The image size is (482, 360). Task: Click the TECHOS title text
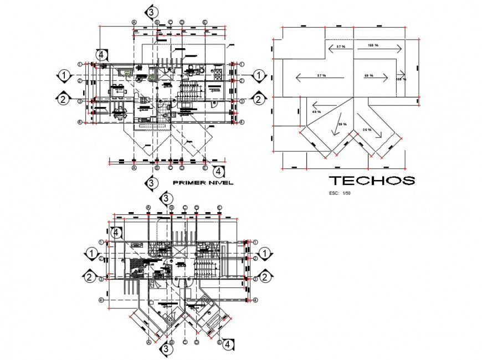point(372,180)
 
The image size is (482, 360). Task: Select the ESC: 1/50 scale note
point(340,193)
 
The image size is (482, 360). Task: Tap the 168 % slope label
point(372,45)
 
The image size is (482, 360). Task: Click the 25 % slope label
point(367,129)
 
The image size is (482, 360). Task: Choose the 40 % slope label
point(317,112)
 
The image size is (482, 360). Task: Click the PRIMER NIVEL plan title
point(203,182)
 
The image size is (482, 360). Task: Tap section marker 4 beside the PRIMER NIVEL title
point(219,172)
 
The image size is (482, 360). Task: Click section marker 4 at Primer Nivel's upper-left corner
point(101,54)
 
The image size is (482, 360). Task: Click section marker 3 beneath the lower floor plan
point(166,350)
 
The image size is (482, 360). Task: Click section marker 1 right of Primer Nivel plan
point(258,75)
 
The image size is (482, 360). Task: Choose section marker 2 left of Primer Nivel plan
point(64,100)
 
